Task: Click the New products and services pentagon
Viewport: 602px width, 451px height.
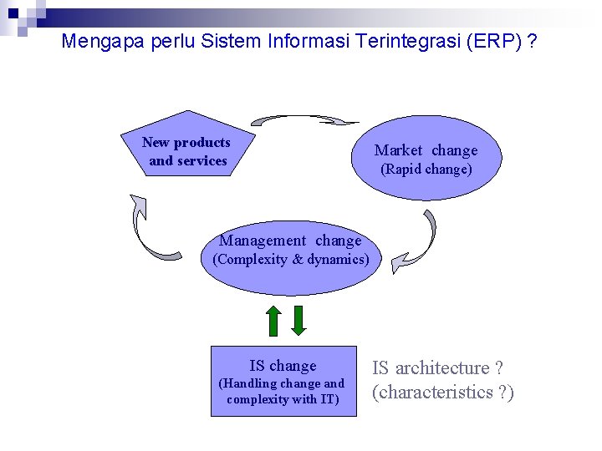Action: coord(186,147)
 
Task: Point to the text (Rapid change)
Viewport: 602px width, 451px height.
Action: coord(426,170)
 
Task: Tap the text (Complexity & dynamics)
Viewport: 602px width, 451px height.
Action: coord(290,260)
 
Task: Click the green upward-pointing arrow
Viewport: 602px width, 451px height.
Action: coord(273,321)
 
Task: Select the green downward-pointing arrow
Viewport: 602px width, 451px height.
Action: coord(299,321)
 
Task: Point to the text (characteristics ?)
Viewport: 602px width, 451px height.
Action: coord(442,393)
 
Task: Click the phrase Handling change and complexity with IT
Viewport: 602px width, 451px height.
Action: coord(283,392)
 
